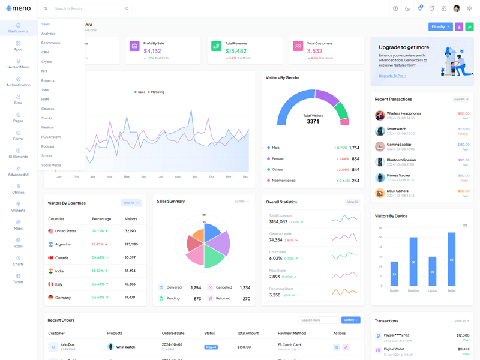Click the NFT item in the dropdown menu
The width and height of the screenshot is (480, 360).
(44, 71)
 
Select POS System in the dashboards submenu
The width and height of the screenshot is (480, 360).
(51, 137)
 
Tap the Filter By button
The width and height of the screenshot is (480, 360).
(440, 27)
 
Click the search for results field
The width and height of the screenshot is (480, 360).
(90, 9)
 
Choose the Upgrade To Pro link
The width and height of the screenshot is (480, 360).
(392, 76)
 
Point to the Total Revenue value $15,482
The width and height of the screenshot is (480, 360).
(236, 51)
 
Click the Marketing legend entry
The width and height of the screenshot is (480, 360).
(157, 92)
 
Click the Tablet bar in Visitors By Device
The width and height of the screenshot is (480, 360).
(451, 259)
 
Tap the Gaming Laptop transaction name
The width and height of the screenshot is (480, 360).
(399, 144)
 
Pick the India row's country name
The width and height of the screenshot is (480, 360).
(59, 271)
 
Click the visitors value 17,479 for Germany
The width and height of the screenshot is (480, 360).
(130, 298)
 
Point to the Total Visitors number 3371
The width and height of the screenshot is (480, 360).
(313, 121)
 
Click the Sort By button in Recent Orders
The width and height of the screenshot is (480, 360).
(351, 320)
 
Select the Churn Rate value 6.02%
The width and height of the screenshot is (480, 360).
(275, 258)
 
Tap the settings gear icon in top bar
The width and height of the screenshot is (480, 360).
(470, 8)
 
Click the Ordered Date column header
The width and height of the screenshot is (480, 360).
(173, 333)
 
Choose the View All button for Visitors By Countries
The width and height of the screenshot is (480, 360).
(131, 203)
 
